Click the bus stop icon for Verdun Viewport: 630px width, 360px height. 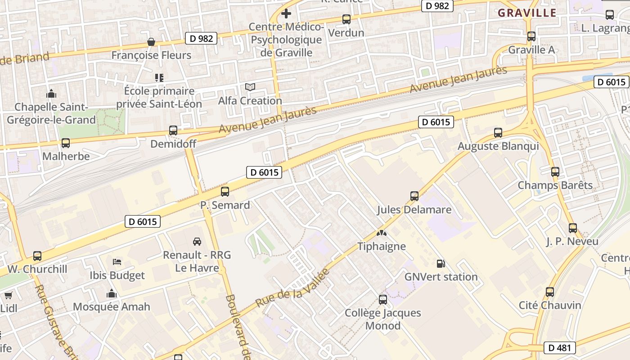[x=346, y=19]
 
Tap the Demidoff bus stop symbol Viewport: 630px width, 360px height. [x=173, y=130]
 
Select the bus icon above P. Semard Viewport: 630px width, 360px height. [x=225, y=192]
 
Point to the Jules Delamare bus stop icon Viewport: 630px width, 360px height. [x=414, y=196]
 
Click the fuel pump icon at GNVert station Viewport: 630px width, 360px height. [x=441, y=264]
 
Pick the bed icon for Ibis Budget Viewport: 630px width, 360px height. [x=117, y=262]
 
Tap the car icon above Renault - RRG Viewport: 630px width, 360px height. [x=197, y=242]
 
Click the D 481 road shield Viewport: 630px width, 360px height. [x=559, y=347]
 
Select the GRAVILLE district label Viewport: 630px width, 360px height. [x=527, y=13]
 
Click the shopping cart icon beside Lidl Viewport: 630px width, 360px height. [x=8, y=296]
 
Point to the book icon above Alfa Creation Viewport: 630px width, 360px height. [x=250, y=87]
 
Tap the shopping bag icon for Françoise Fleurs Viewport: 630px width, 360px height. [x=151, y=42]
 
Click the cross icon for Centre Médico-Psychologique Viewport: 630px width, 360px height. [x=286, y=13]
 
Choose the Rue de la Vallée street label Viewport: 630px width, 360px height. [x=292, y=288]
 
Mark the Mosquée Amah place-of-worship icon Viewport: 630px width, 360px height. [x=112, y=294]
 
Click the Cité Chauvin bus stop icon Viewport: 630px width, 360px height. [x=549, y=292]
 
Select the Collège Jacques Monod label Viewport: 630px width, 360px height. [x=383, y=319]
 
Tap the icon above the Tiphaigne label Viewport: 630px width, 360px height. [x=382, y=233]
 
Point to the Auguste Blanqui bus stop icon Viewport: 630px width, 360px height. [x=498, y=133]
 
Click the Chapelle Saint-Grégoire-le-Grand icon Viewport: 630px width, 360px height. [x=51, y=94]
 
